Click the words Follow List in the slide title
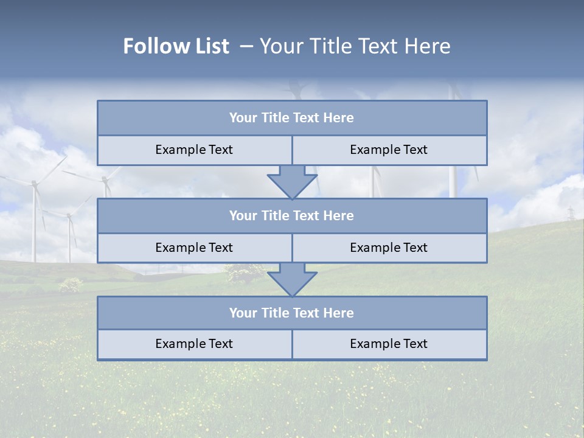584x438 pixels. [x=176, y=46]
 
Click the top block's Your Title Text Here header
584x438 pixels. [x=292, y=118]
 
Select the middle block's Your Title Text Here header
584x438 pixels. [x=292, y=216]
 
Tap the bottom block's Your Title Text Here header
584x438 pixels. [x=292, y=313]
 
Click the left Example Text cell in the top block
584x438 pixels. [x=194, y=150]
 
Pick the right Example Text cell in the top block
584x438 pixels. [x=389, y=150]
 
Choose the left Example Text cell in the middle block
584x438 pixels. [x=194, y=248]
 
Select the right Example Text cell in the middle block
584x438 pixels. [x=389, y=248]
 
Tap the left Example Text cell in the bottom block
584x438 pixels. [x=194, y=344]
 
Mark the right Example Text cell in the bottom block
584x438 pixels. [x=389, y=344]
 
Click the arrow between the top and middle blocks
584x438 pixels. [x=292, y=182]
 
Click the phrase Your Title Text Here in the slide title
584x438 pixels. [x=355, y=46]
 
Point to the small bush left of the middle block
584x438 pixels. [x=71, y=284]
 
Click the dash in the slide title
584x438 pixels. [x=246, y=46]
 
